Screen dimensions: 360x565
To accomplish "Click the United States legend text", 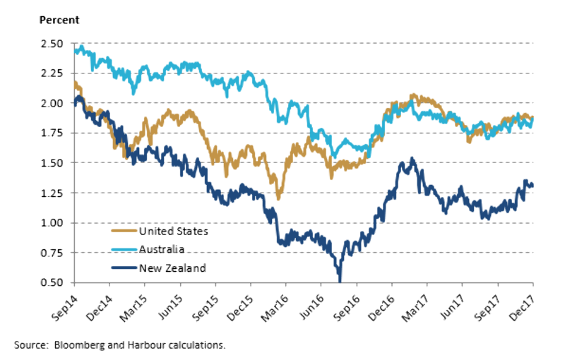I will tap(174, 230).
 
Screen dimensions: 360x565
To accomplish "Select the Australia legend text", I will tap(162, 249).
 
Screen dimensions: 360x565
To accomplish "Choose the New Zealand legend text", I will tap(172, 268).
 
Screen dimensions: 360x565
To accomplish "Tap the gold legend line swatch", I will tap(123, 230).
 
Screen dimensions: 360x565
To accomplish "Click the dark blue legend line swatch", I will tap(123, 268).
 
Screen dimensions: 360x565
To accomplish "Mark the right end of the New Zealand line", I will tap(532, 185).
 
